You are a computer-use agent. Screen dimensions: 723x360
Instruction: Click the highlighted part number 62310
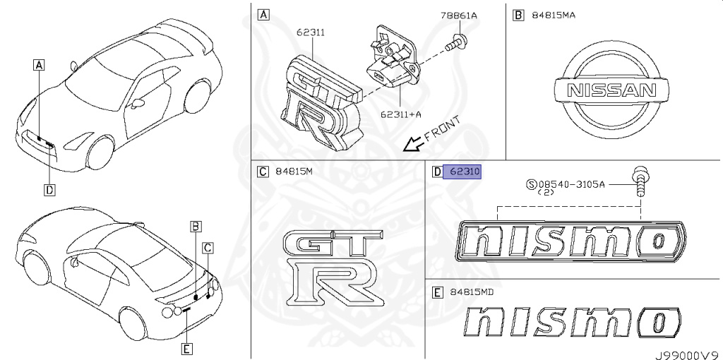pyautogui.click(x=462, y=172)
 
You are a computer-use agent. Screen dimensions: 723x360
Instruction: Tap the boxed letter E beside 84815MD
pyautogui.click(x=438, y=292)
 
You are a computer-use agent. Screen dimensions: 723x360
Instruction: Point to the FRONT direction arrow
pyautogui.click(x=412, y=143)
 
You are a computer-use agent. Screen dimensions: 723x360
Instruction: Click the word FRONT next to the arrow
pyautogui.click(x=443, y=128)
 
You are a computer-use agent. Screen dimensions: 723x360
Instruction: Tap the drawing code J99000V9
pyautogui.click(x=687, y=351)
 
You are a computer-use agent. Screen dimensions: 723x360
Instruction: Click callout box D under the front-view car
pyautogui.click(x=49, y=189)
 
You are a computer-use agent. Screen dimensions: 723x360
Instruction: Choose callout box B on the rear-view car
pyautogui.click(x=196, y=226)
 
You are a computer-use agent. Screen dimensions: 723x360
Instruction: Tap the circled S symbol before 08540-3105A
pyautogui.click(x=530, y=184)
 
